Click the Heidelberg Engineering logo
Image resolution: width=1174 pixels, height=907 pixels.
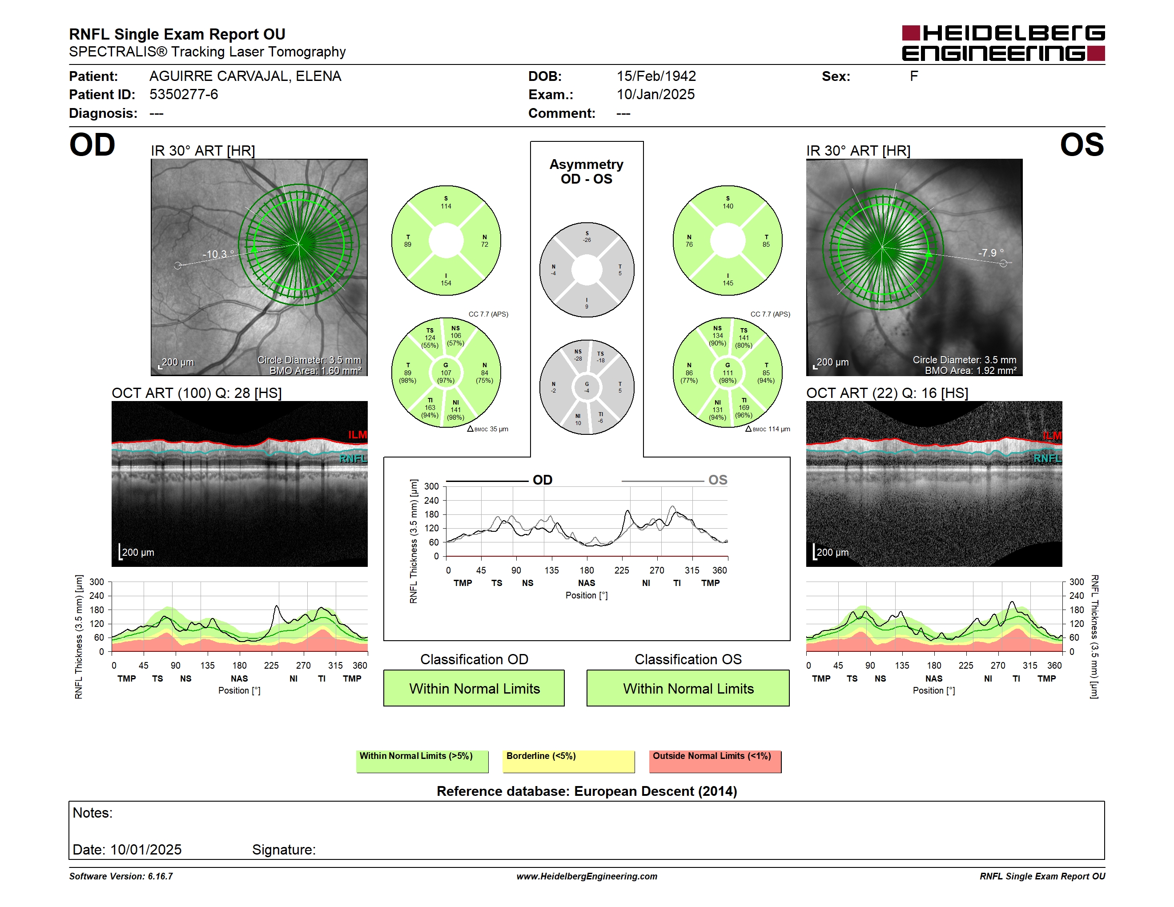coord(1003,43)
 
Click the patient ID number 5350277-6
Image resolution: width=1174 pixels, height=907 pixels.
coord(184,95)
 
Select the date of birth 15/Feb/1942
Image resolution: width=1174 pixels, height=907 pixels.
coord(656,76)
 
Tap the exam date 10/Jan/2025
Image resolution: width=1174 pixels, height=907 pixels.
coord(655,95)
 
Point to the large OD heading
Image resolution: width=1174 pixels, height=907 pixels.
coord(92,145)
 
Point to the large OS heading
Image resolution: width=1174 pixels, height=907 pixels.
coord(1082,145)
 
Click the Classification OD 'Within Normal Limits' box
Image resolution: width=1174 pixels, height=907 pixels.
coord(474,688)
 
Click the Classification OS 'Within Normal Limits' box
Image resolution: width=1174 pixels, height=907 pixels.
coord(688,688)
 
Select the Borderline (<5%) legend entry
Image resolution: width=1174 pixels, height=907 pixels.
coord(568,761)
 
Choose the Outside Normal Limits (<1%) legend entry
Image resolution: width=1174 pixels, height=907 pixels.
coord(715,761)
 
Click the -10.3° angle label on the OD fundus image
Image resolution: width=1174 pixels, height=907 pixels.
coord(218,254)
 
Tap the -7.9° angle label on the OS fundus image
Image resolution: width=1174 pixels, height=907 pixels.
coord(990,253)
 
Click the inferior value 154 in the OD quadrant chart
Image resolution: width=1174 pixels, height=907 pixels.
coord(446,283)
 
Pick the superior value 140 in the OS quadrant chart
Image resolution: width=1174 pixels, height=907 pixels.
coord(728,206)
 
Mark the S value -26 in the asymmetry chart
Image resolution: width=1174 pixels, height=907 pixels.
coord(587,240)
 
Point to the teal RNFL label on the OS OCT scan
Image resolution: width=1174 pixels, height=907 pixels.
coord(1047,458)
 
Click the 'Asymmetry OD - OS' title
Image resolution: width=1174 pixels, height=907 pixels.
coord(587,172)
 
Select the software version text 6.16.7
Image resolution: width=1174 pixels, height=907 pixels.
coord(160,876)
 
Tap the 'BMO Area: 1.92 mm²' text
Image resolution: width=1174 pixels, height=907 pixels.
coord(970,371)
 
